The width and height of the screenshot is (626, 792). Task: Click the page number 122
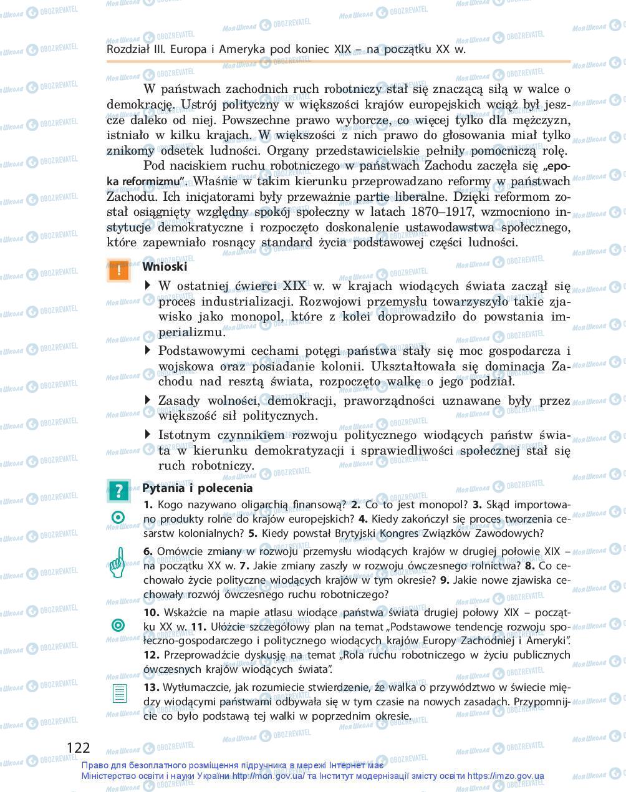point(78,748)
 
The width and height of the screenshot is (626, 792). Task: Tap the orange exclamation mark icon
point(118,270)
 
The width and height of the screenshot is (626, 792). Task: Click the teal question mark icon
point(118,491)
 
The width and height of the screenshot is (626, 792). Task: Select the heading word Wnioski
point(165,266)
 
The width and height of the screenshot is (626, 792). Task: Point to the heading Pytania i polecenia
point(197,488)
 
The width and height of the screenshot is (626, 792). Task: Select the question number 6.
point(148,551)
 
